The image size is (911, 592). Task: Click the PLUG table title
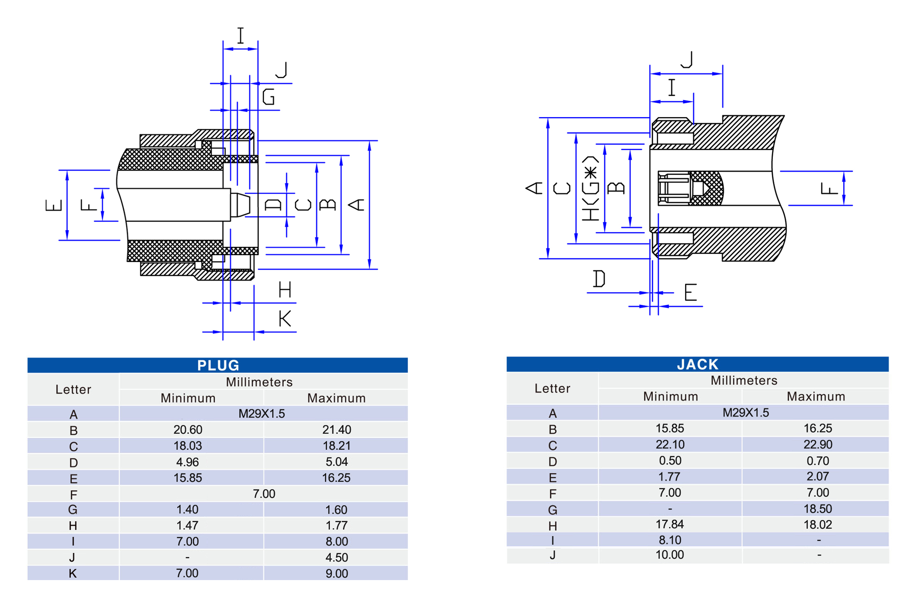click(x=218, y=365)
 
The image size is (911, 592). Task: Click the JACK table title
click(x=697, y=364)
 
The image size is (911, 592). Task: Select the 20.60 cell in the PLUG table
click(x=188, y=430)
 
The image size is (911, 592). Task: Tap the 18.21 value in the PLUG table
click(x=336, y=446)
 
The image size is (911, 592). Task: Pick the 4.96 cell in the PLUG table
click(x=188, y=462)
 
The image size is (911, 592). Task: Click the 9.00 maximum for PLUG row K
click(x=336, y=573)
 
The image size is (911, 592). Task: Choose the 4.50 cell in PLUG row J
click(x=336, y=557)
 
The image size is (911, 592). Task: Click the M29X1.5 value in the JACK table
click(x=745, y=412)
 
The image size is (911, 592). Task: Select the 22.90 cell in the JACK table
click(x=818, y=444)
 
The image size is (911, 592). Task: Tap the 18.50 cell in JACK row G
click(x=818, y=509)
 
